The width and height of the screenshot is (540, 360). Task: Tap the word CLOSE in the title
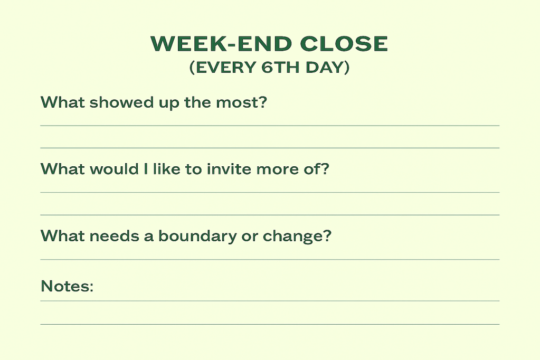[x=344, y=44]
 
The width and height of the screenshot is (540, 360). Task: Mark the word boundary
[x=197, y=236]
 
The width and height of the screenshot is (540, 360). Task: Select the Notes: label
[x=67, y=286]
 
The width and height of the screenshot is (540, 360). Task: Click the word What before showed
[x=63, y=102]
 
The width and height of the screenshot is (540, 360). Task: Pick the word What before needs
[x=63, y=236]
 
